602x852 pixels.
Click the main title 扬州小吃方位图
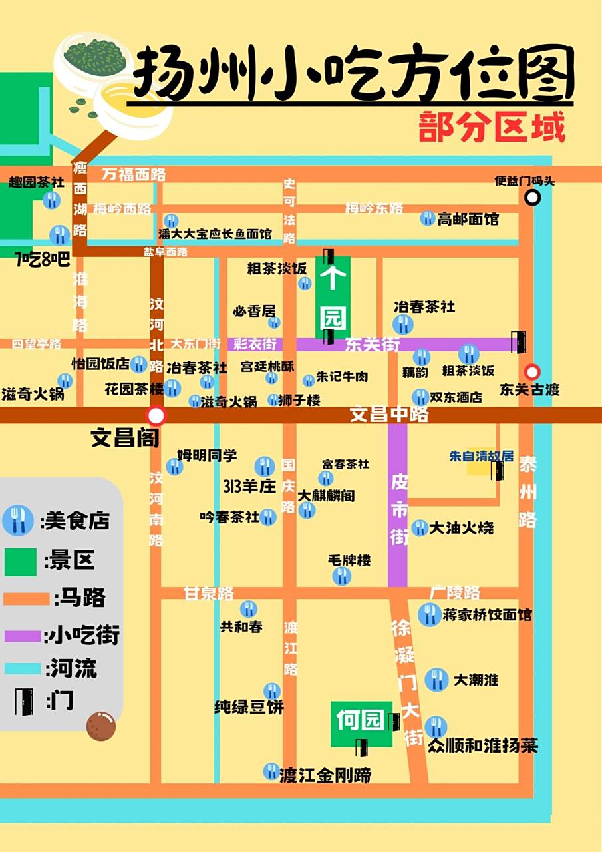coord(353,72)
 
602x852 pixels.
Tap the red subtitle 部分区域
coord(492,126)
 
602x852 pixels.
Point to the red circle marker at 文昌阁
coord(156,416)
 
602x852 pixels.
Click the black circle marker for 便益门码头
coord(532,197)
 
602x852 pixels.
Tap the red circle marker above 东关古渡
coord(532,372)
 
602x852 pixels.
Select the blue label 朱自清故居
coord(482,457)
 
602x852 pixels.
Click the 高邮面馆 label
coord(468,218)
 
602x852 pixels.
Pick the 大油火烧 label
coord(462,528)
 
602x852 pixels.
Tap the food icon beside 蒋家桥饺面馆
coord(429,614)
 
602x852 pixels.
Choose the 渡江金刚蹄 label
coord(325,775)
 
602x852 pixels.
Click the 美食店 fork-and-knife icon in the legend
coord(18,520)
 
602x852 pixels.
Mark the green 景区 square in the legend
coord(21,560)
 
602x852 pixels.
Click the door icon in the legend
coord(23,700)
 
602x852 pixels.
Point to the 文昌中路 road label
coord(389,415)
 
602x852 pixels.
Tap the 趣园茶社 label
coord(37,182)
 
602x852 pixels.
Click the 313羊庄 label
coord(240,486)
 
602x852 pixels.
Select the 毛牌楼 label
coord(349,560)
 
